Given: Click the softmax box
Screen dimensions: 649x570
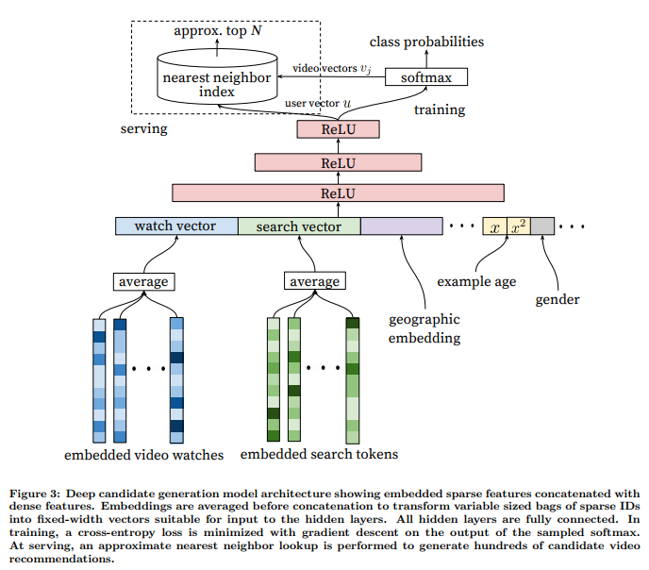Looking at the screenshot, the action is click(426, 77).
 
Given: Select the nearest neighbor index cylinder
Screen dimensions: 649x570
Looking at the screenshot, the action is click(217, 76).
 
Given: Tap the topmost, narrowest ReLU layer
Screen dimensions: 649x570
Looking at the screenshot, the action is click(338, 129).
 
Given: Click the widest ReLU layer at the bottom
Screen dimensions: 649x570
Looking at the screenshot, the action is click(338, 193).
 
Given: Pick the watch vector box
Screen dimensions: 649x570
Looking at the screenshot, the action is click(176, 226).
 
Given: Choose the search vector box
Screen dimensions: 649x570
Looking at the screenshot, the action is click(299, 226).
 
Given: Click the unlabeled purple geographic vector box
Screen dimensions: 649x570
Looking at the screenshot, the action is click(402, 226).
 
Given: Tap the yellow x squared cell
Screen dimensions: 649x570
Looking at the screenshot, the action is click(519, 226).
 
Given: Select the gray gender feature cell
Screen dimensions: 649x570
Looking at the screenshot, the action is click(542, 226).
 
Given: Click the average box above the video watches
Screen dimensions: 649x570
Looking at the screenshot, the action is click(144, 281).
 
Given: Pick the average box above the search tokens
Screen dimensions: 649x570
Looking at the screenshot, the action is click(315, 280).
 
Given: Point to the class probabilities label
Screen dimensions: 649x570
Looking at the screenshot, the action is click(426, 42).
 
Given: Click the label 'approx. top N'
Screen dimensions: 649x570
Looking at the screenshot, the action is click(218, 30).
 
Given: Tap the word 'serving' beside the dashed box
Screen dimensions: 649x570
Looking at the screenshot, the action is click(144, 128).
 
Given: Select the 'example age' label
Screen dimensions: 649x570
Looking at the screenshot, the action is click(476, 281).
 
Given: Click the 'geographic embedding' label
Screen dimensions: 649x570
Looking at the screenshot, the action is click(424, 328).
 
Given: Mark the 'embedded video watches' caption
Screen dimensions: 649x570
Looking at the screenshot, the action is click(144, 455).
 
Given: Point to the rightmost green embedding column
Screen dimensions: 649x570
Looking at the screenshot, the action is click(353, 380).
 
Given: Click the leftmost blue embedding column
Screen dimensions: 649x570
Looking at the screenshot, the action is click(99, 380).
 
